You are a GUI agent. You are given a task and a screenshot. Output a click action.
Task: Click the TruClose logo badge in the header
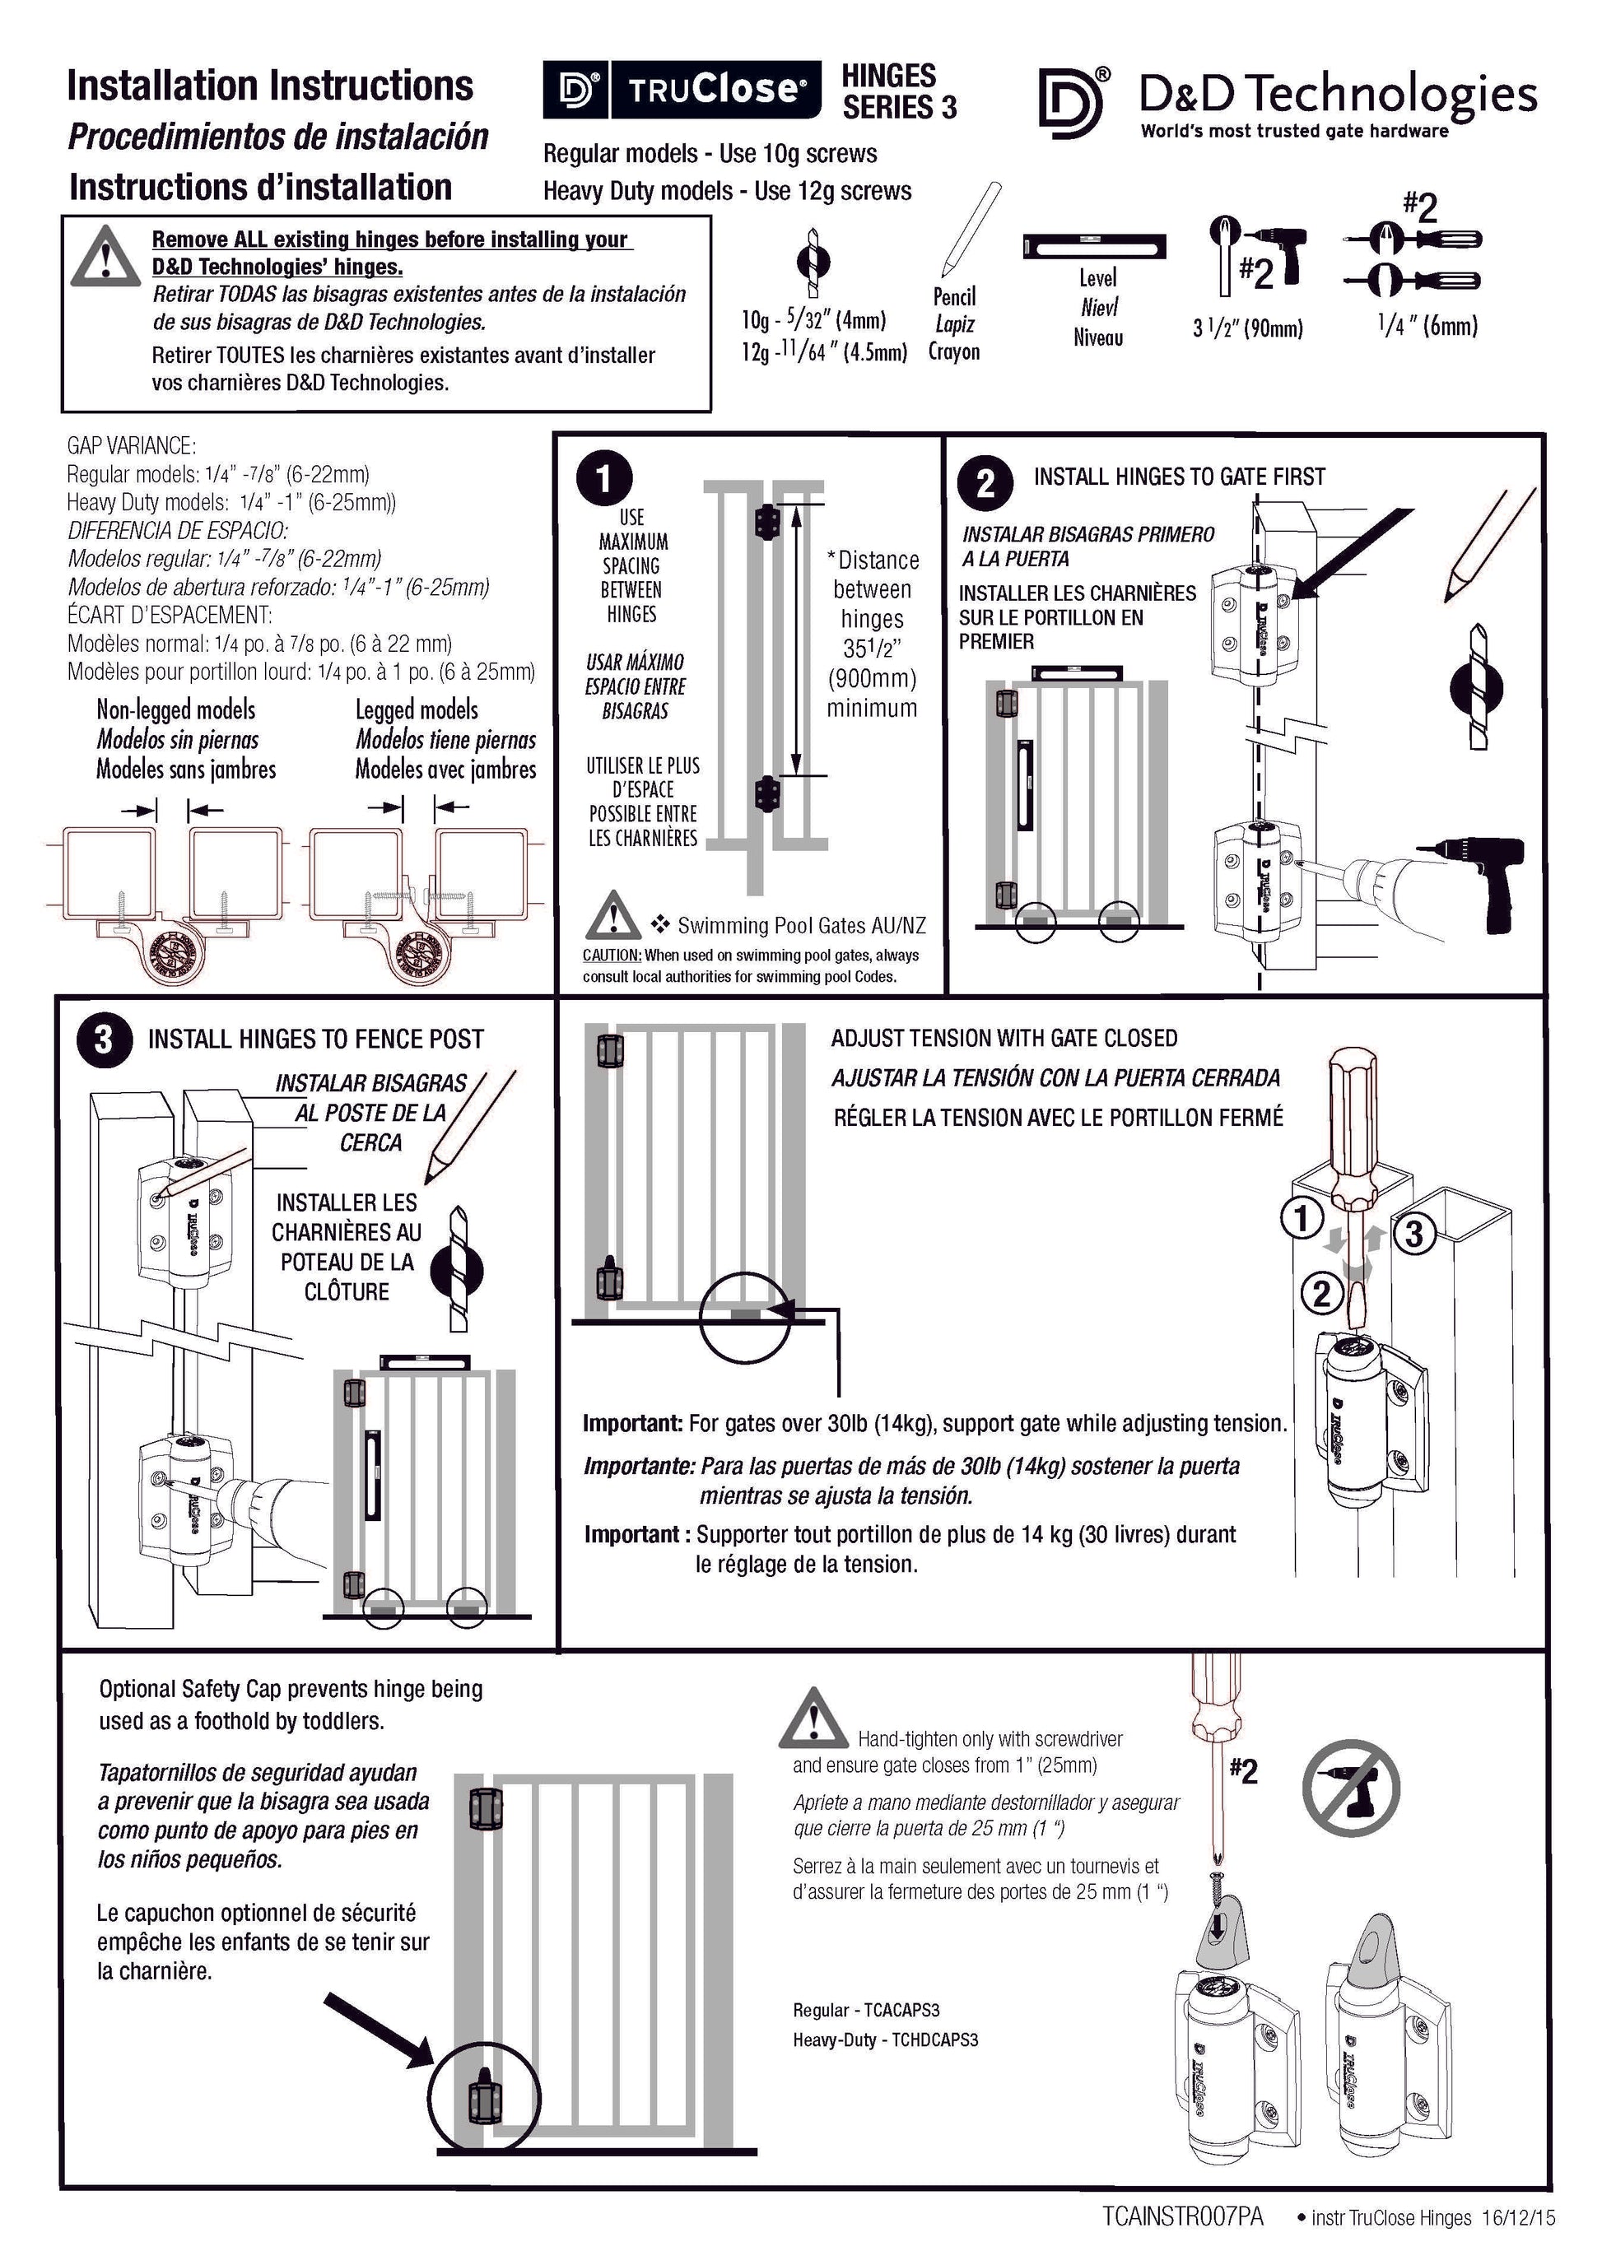pos(682,90)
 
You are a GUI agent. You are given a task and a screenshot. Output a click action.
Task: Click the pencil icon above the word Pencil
pos(971,229)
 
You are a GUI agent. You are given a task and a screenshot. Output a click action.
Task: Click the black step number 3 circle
pos(104,1039)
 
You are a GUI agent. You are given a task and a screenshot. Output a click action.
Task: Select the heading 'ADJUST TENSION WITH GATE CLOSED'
pos(1004,1038)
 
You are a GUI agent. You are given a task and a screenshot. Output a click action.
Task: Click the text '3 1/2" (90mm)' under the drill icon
pos(1248,328)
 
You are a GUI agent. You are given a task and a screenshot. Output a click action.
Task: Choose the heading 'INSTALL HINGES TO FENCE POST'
pos(315,1039)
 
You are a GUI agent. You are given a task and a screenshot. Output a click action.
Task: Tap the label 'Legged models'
pos(417,709)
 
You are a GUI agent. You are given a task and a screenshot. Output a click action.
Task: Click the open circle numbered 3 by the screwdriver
pos(1413,1233)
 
